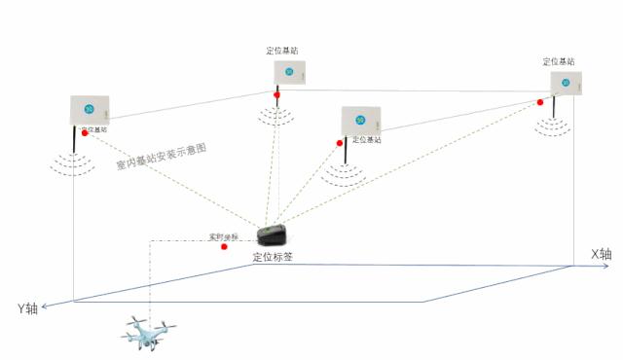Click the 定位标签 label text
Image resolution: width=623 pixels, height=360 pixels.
274,258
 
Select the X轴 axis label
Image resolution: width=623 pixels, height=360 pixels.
602,255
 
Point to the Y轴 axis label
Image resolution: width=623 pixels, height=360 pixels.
27,308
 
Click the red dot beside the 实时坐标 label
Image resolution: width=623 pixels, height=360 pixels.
225,246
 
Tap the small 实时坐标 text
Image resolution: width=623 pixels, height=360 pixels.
223,236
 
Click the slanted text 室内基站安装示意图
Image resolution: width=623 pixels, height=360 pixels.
162,159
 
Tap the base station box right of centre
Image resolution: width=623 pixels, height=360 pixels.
360,120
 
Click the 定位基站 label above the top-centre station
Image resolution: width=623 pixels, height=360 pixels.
282,51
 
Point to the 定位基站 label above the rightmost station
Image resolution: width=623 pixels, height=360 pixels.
559,61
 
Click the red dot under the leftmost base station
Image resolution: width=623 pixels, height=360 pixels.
85,133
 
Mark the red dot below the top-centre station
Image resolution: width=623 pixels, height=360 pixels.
277,95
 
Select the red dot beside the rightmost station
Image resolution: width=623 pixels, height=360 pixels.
539,102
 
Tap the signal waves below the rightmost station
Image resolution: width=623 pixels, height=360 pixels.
556,127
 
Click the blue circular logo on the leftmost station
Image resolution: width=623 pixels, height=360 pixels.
89,108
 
